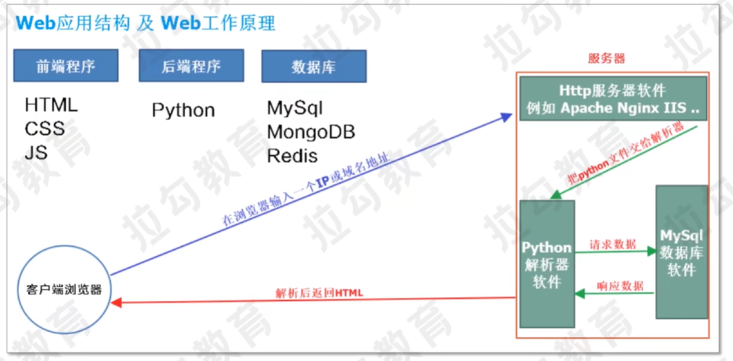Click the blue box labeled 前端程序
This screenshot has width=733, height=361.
click(x=66, y=66)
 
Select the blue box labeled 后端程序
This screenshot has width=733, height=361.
click(x=191, y=66)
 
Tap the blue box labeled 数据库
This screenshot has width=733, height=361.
click(x=313, y=67)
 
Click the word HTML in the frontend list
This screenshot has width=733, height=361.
click(x=51, y=105)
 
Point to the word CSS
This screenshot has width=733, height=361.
click(x=44, y=129)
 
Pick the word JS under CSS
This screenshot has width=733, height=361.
click(x=36, y=152)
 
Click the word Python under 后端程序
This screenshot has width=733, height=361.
click(x=183, y=110)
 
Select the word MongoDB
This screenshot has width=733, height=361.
click(x=311, y=132)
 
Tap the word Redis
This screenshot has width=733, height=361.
click(x=292, y=156)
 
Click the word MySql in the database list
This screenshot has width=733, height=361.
click(x=294, y=108)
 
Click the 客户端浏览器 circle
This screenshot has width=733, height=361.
click(x=64, y=289)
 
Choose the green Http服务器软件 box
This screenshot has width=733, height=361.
click(x=613, y=99)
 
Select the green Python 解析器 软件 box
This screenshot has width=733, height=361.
click(x=547, y=264)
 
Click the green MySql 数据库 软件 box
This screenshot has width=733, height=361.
click(x=681, y=252)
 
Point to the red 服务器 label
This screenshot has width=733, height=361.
click(x=606, y=59)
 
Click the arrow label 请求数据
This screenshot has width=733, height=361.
click(x=612, y=244)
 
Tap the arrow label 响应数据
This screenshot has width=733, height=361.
click(x=620, y=286)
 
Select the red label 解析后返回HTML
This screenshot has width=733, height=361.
click(x=319, y=293)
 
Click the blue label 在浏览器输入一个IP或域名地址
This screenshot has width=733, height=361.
click(x=306, y=190)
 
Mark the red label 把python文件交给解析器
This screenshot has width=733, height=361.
click(x=626, y=153)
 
